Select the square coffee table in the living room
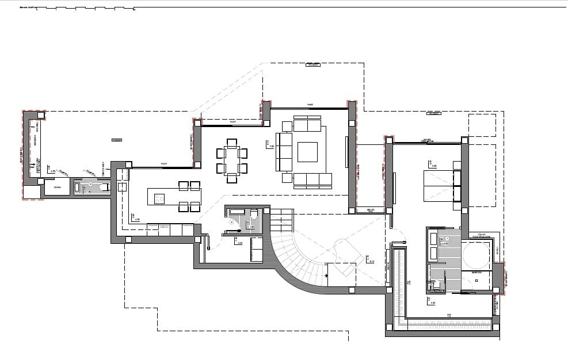click(x=307, y=152)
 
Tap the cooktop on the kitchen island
click(x=159, y=198)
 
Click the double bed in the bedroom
click(x=440, y=186)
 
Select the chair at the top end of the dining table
click(x=231, y=143)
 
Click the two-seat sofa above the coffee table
click(x=307, y=124)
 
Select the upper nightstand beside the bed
click(x=457, y=166)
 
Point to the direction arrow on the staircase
click(x=327, y=276)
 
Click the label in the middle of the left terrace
click(x=117, y=140)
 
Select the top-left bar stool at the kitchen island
click(x=184, y=186)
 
